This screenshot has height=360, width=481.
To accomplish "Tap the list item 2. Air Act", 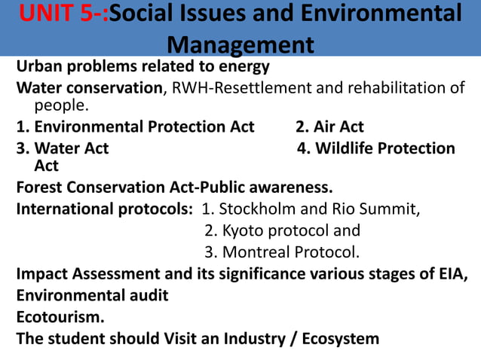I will pyautogui.click(x=329, y=127).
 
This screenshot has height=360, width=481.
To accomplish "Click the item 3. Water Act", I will pyautogui.click(x=63, y=148).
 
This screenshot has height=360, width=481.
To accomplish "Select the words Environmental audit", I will pyautogui.click(x=92, y=295).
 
